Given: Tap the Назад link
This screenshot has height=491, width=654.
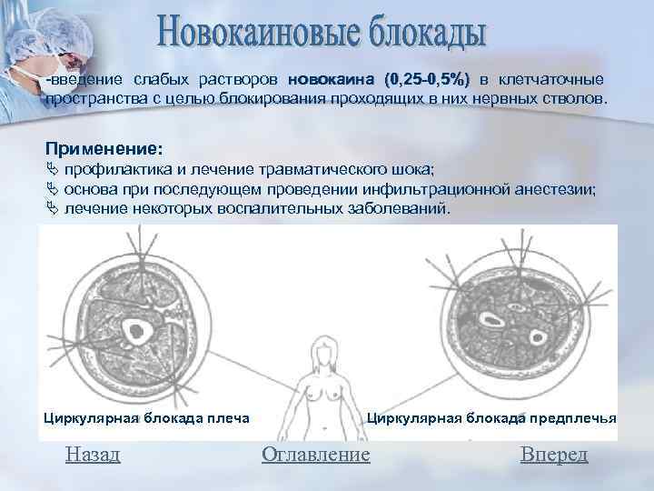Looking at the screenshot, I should (93, 454).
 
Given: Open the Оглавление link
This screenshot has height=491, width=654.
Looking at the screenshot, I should (315, 454).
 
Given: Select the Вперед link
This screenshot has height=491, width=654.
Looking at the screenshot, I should (554, 454).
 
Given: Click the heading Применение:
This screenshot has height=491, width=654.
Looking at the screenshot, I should (104, 147).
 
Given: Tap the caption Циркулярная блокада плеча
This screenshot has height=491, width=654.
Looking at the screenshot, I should (146, 418).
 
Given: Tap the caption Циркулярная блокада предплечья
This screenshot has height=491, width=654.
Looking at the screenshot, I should (491, 418).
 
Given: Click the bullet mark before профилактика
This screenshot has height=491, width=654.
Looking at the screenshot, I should (51, 170).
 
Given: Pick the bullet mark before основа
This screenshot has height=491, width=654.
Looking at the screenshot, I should (51, 189).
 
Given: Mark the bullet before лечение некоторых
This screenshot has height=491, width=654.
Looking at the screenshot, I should (51, 208).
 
